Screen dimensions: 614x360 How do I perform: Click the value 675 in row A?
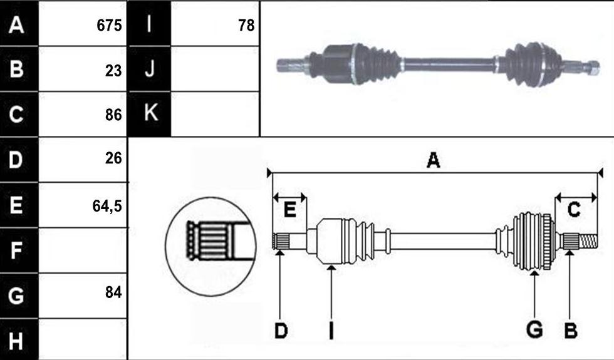[x=109, y=26]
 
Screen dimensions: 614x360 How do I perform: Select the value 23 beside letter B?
[x=113, y=71]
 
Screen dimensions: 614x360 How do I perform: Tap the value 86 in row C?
[x=113, y=115]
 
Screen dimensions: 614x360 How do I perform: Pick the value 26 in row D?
[x=113, y=158]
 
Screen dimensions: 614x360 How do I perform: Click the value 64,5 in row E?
[x=107, y=206]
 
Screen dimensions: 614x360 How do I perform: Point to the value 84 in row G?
[x=113, y=292]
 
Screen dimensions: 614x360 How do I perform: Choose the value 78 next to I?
[x=246, y=26]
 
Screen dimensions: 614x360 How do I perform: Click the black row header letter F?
[x=16, y=251]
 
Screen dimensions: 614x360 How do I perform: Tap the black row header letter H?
[x=16, y=341]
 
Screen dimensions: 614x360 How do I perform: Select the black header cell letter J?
[x=150, y=69]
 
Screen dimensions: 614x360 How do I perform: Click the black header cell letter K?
[x=151, y=113]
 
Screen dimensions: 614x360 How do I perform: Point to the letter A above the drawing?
[x=433, y=160]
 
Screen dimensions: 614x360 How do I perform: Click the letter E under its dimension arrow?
[x=289, y=210]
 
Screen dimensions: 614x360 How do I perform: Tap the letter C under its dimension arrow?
[x=574, y=210]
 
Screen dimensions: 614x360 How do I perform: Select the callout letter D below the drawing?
[x=281, y=331]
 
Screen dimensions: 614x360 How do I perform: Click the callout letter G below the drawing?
[x=534, y=329]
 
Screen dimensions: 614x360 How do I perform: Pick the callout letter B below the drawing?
[x=571, y=331]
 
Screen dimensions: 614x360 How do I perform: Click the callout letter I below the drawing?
[x=331, y=331]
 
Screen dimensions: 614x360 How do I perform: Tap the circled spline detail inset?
[x=211, y=247]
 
